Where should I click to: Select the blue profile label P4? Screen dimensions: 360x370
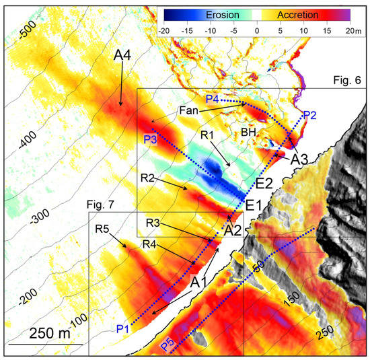click(x=213, y=100)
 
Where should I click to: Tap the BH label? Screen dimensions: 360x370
click(x=248, y=133)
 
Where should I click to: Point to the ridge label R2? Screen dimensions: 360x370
click(x=149, y=178)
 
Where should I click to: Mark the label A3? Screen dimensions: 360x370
click(x=302, y=160)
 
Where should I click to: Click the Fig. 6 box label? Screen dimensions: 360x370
click(x=348, y=80)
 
